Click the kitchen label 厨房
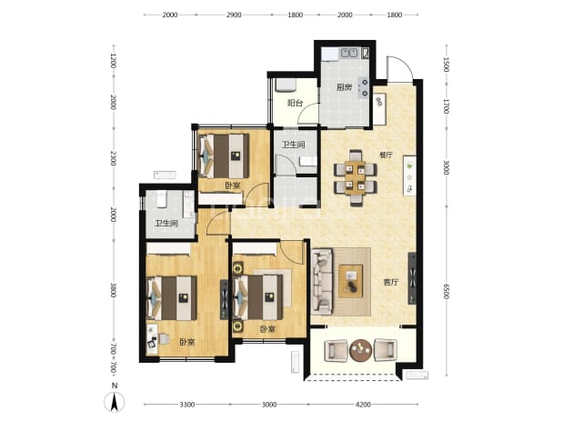[x=344, y=87]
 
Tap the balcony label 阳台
[x=296, y=103]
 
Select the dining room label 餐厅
[x=386, y=155]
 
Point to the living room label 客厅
[x=391, y=282]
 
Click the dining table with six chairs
[x=356, y=177]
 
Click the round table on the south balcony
[x=360, y=350]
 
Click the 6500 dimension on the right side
[x=447, y=291]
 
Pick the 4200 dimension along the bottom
[x=363, y=405]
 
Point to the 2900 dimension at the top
[x=234, y=15]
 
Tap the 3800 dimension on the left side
[x=114, y=290]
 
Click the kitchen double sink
[x=348, y=53]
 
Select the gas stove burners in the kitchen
[x=365, y=88]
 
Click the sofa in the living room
[x=322, y=282]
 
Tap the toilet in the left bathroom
[x=162, y=199]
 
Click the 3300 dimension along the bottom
[x=187, y=405]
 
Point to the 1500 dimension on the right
[x=447, y=65]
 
